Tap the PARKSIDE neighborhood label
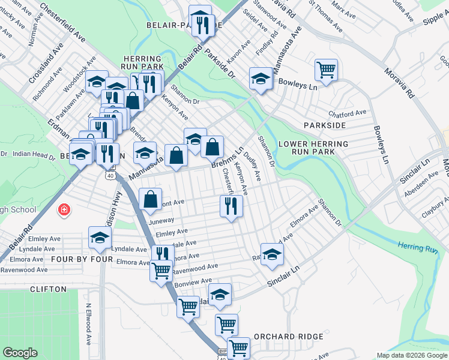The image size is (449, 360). (x=325, y=125)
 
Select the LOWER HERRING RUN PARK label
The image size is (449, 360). (x=313, y=148)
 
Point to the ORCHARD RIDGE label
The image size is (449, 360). (x=289, y=337)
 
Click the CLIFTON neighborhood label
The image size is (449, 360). (x=49, y=289)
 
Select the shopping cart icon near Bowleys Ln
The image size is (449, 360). (x=326, y=70)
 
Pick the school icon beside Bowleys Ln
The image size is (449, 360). (x=261, y=79)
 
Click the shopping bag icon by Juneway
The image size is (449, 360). (x=151, y=199)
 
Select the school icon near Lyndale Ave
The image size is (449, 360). (x=100, y=238)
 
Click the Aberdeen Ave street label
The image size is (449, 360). (x=420, y=180)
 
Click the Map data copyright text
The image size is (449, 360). (x=411, y=355)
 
